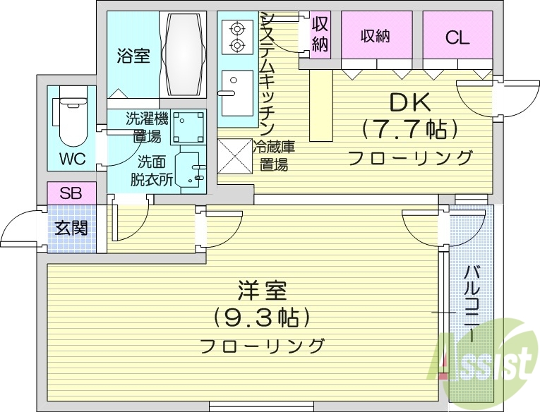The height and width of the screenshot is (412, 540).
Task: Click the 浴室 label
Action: (133, 56)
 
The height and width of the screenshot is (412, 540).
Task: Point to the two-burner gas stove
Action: (236, 37)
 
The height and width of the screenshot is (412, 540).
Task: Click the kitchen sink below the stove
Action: (235, 92)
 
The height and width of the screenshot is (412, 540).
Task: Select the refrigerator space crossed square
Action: (234, 155)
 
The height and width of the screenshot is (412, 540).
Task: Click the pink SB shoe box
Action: (70, 193)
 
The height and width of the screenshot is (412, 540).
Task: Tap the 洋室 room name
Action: (262, 291)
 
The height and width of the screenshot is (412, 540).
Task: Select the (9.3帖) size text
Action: (262, 317)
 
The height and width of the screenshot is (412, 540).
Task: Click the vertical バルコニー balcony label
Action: (471, 304)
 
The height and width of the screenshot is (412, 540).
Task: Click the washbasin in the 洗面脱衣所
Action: (188, 168)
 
